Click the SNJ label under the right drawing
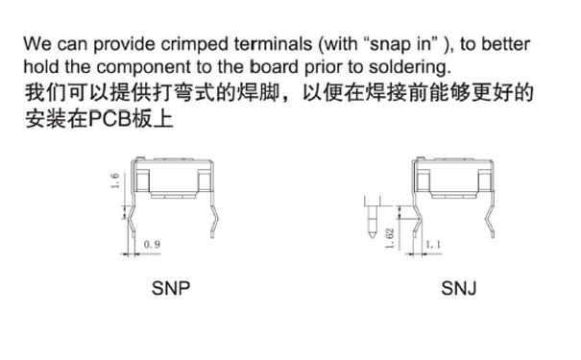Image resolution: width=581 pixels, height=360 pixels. coord(460,288)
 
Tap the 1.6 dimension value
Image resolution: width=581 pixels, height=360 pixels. coord(115,181)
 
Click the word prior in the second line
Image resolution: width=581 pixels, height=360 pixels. coord(331,68)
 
